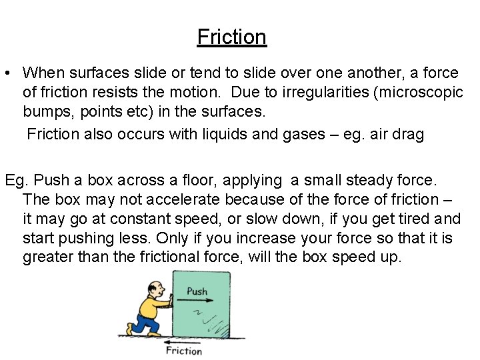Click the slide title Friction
click(x=231, y=37)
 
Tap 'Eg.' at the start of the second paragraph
click(x=16, y=180)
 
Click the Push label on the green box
click(x=197, y=291)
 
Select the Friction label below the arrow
click(x=183, y=351)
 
